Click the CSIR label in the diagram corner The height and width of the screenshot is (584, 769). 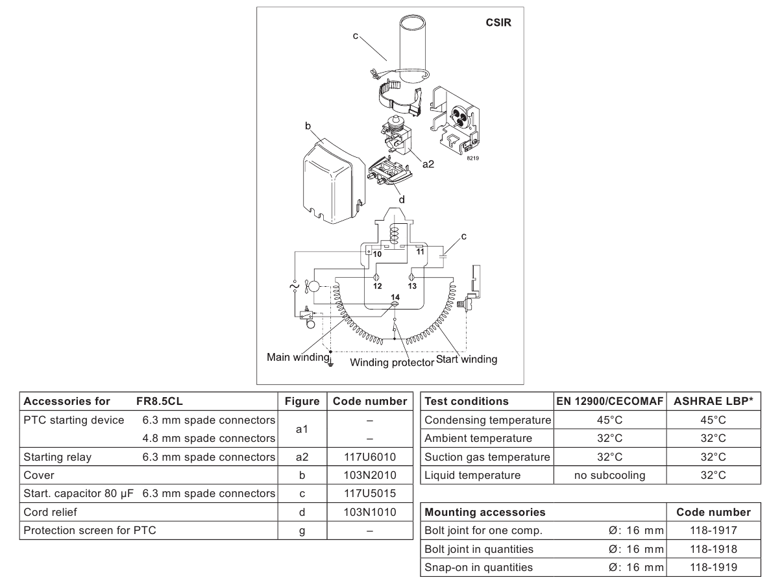coord(498,23)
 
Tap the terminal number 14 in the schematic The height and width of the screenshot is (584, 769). coord(395,297)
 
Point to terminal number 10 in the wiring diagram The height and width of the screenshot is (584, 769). coord(377,254)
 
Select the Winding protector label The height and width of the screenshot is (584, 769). coord(392,363)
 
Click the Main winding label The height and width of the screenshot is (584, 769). coord(298,357)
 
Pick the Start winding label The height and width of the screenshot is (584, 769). coord(467,359)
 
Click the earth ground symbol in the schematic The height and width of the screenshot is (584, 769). coord(330,363)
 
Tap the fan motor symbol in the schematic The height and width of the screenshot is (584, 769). coord(311,287)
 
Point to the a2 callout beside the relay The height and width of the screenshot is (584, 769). coord(428,164)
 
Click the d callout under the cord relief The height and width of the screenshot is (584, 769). coord(402,200)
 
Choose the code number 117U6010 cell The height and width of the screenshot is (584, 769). coord(370,457)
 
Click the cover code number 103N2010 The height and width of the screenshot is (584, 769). coord(370,475)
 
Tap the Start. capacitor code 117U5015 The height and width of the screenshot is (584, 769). coord(370,494)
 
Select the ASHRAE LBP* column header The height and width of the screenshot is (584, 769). coord(713,401)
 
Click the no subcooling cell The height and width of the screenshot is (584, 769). coord(609,475)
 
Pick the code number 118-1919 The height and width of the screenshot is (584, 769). coord(713,567)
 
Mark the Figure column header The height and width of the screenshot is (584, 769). coord(302,401)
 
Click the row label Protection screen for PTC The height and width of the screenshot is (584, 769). coord(90,531)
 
